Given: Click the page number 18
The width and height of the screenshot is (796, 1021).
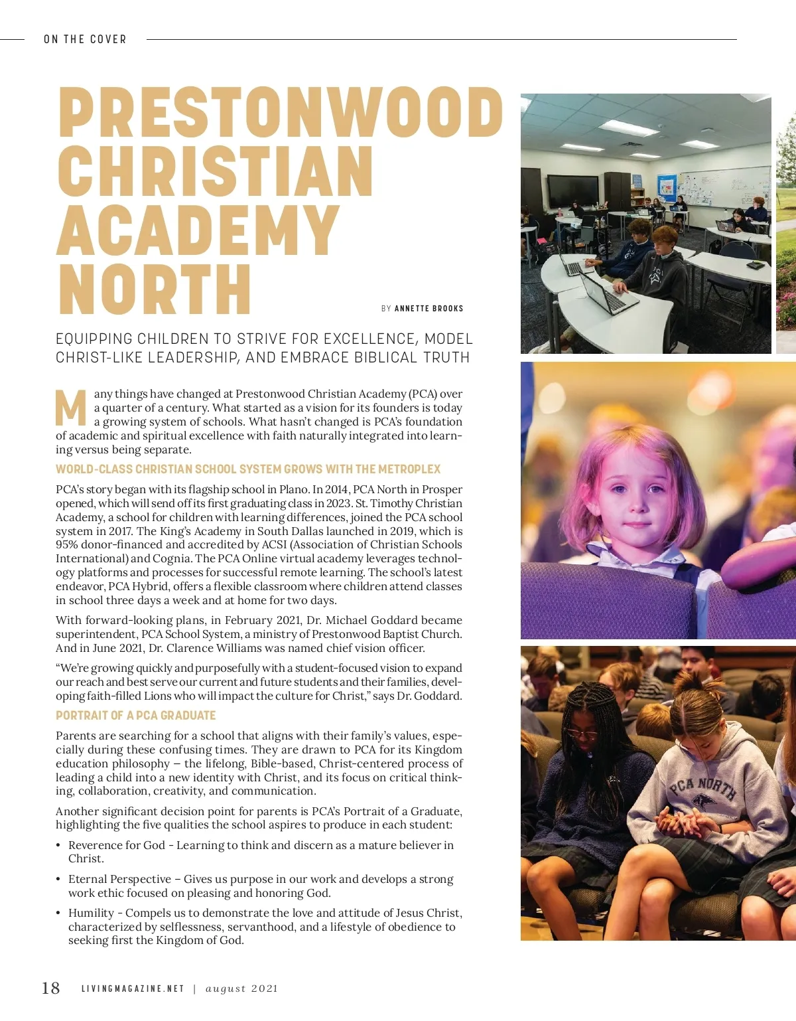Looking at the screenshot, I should (x=51, y=988).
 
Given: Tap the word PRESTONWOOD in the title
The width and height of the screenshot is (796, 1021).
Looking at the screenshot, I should (x=280, y=112).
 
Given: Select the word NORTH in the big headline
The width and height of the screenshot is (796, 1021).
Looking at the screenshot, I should (x=154, y=289).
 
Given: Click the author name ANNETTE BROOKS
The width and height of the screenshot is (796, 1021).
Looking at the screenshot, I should (x=429, y=309).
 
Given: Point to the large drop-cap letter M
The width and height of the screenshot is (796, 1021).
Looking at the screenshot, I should (x=71, y=408).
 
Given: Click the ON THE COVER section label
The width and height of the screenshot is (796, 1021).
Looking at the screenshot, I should (x=85, y=40).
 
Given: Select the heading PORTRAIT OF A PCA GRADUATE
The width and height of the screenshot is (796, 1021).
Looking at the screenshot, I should (x=136, y=716).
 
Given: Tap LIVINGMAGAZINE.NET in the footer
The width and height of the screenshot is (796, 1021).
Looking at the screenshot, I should (x=133, y=988).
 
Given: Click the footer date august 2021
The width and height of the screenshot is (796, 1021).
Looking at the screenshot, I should (x=241, y=988).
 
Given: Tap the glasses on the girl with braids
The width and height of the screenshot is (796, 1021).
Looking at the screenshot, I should (x=582, y=734).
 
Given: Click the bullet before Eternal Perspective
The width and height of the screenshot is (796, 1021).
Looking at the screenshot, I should (x=58, y=880).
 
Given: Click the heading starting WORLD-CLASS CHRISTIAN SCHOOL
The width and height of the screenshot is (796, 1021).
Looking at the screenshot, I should (x=248, y=469).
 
